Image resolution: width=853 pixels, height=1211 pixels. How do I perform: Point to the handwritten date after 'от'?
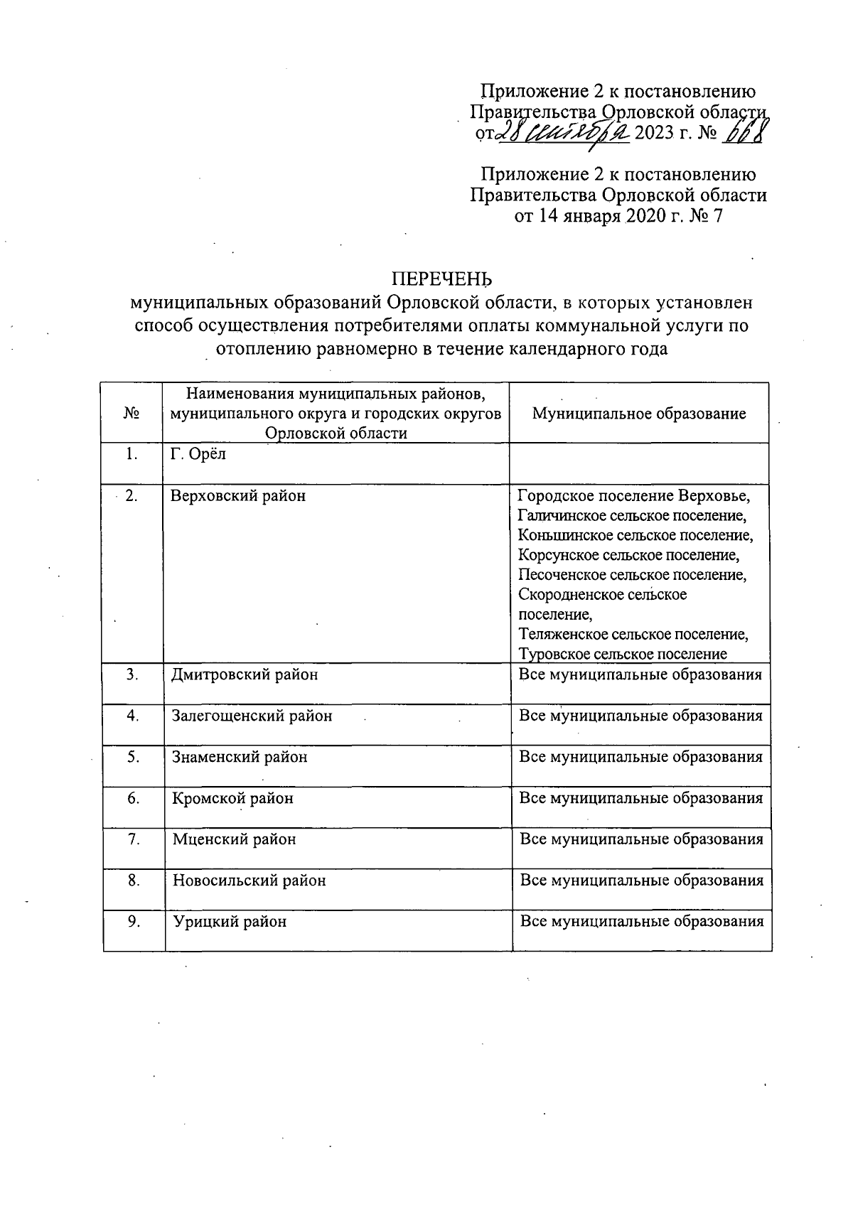point(565,132)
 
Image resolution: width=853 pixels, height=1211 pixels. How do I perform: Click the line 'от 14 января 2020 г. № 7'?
point(618,216)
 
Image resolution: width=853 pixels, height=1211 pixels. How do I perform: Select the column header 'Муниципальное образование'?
point(639,414)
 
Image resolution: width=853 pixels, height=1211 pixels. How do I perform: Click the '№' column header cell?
point(132,414)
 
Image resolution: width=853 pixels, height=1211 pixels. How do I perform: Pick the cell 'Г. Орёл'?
point(199,454)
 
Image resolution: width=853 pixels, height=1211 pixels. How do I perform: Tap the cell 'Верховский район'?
point(238,495)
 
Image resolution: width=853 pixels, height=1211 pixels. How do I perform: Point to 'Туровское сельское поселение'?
point(623,654)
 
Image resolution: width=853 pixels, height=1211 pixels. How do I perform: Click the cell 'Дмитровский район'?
point(245,674)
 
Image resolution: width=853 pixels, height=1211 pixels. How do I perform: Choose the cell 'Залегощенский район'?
point(252,716)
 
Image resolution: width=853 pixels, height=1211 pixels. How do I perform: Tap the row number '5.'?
point(133,757)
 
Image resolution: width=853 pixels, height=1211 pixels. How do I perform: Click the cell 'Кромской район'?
point(232,798)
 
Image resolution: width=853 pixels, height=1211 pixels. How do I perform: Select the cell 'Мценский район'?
point(234,839)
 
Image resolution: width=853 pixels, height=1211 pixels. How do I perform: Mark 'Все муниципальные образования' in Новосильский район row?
point(641,881)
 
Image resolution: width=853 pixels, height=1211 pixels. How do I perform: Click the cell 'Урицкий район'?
point(229,922)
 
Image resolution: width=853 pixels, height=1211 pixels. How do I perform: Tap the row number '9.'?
point(133,922)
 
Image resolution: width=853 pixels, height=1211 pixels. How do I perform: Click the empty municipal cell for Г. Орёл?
point(639,463)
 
